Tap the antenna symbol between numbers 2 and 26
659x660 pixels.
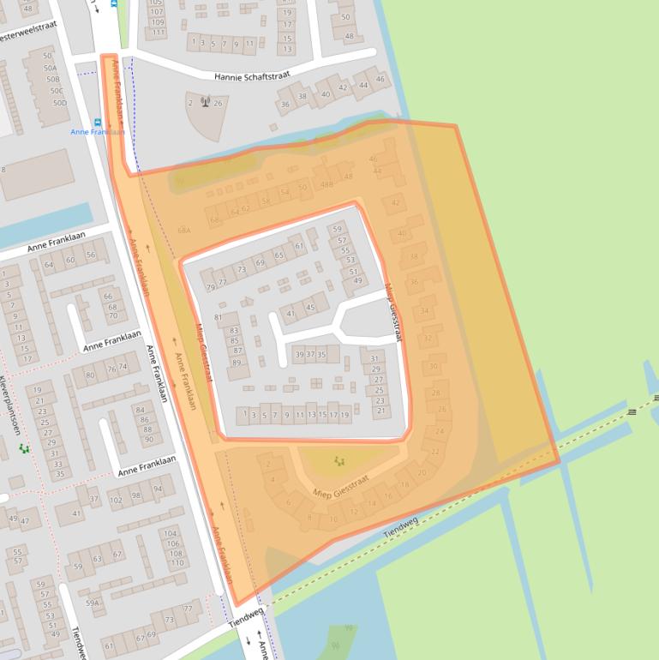pos(205,103)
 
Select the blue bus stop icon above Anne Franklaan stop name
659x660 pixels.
pos(97,122)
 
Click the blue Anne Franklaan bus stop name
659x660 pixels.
pos(98,132)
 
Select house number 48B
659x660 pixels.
pos(327,184)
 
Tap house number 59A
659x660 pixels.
pos(93,603)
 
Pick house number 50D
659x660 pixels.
pos(58,103)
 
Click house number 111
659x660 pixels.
pos(156,33)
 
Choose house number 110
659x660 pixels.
pos(176,563)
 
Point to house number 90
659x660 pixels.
pos(147,440)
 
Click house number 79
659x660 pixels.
pos(210,287)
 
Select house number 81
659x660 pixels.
pos(218,317)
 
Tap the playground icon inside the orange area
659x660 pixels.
pos(339,462)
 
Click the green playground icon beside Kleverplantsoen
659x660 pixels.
pos(24,448)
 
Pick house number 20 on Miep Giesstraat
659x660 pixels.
pos(421,472)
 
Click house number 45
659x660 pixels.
pos(310,308)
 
